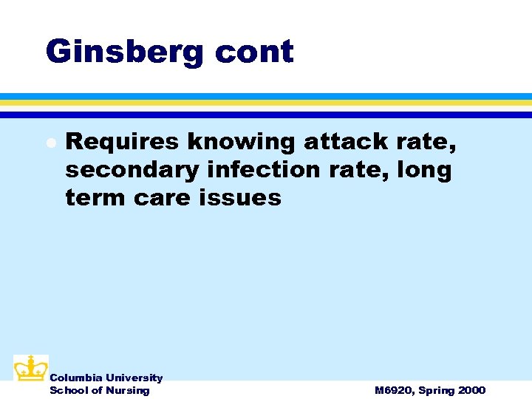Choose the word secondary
(x=132, y=170)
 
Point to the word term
(x=94, y=198)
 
